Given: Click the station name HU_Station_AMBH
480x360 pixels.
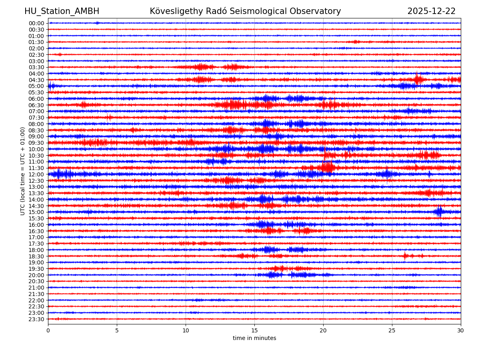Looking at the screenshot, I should coord(62,11).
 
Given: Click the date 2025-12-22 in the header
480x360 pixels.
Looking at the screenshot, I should coord(431,11).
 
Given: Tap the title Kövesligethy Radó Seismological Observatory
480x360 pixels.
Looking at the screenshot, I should coord(245,11).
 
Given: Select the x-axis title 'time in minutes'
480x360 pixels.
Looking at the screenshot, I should coord(254,338).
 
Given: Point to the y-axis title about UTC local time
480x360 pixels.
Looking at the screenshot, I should coord(23,171).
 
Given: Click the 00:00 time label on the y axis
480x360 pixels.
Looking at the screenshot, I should coord(36,23).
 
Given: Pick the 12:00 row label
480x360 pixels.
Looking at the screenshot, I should coord(36,174).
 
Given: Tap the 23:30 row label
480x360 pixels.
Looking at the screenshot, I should coord(36,319).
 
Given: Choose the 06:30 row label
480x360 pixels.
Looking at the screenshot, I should coord(36,105).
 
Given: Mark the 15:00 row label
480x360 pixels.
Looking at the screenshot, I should coord(36,212).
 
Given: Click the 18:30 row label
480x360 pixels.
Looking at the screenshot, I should coord(36,256).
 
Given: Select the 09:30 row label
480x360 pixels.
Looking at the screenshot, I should coord(36,143).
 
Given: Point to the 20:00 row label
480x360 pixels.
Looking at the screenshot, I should coord(36,275).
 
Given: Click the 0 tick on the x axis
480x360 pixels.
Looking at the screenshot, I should coord(48,330).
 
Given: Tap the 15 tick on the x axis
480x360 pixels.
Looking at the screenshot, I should coord(254,330).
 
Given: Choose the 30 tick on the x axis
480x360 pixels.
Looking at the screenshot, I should coord(461,330).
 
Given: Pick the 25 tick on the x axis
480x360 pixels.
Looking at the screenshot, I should coord(392,330).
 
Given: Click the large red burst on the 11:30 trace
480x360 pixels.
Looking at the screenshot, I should coord(328,167).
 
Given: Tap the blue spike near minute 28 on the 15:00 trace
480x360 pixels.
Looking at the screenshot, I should coord(439,211).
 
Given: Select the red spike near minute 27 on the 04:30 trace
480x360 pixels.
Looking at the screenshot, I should coord(417,79).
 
